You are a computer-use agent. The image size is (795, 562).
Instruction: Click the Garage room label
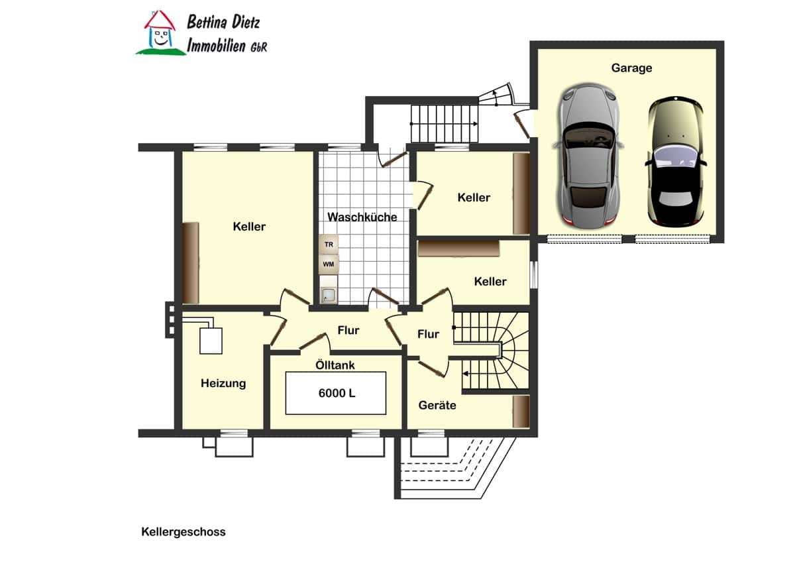[x=631, y=68]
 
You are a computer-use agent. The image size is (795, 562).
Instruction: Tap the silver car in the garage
[x=588, y=156]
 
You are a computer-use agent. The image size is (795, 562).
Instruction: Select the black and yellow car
[x=675, y=162]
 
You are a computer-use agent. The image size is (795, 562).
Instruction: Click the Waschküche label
[x=362, y=217]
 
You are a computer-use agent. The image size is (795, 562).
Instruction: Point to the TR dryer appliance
[x=329, y=245]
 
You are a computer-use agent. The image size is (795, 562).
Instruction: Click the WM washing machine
[x=329, y=264]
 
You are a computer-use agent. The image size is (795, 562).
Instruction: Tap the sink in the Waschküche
[x=329, y=295]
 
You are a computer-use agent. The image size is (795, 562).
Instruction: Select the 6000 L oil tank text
[x=337, y=393]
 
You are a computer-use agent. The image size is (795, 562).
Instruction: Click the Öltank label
[x=335, y=365]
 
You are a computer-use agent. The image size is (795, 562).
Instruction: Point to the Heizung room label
[x=223, y=383]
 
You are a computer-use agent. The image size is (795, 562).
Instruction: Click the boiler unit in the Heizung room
[x=211, y=341]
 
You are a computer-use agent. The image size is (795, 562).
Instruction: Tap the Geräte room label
[x=437, y=405]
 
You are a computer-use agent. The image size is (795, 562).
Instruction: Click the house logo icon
[x=160, y=33]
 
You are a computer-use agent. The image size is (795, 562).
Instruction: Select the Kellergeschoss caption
[x=184, y=532]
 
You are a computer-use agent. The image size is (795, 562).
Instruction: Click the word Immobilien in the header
[x=217, y=46]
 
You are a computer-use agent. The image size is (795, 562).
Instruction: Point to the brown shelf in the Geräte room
[x=521, y=412]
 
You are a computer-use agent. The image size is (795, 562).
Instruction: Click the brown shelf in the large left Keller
[x=191, y=262]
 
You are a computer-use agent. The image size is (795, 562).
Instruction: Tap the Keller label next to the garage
[x=474, y=197]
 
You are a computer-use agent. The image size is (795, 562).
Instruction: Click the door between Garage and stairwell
[x=522, y=123]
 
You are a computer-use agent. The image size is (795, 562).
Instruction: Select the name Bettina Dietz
[x=223, y=22]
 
